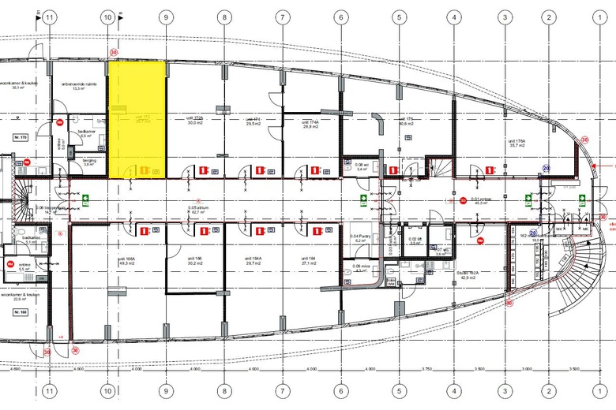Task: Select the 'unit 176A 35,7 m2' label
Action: click(516, 143)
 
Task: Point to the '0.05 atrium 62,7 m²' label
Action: click(197, 211)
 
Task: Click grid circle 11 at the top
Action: click(50, 17)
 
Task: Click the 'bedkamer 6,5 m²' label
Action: click(86, 134)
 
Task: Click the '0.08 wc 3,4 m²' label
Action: click(362, 166)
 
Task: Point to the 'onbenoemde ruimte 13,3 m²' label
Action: click(79, 87)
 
